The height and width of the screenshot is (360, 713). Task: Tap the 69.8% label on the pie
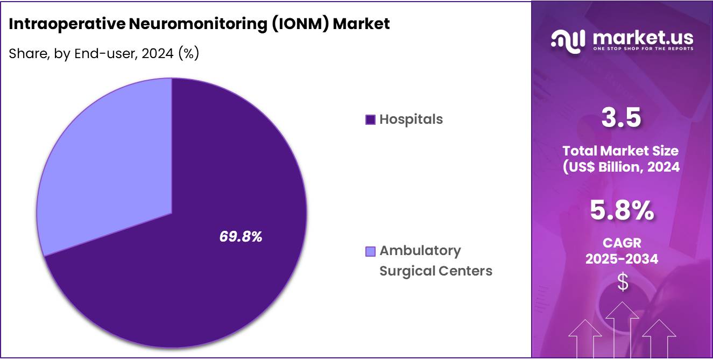(x=241, y=237)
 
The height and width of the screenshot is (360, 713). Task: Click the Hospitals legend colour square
(x=370, y=119)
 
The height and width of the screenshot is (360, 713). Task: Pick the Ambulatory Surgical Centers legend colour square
(x=370, y=251)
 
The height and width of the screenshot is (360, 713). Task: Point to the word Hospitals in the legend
(x=411, y=119)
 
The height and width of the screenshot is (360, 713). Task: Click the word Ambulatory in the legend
(x=420, y=251)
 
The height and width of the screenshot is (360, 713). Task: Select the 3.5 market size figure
(x=622, y=118)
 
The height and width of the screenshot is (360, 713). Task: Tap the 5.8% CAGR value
(x=622, y=211)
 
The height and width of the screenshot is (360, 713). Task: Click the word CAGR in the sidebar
(x=622, y=243)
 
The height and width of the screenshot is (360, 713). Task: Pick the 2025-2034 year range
(x=622, y=259)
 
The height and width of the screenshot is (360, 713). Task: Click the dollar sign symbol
(x=622, y=282)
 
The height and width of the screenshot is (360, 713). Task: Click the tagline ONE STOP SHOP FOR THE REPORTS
(x=643, y=49)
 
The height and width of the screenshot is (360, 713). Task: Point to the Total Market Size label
(x=622, y=151)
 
